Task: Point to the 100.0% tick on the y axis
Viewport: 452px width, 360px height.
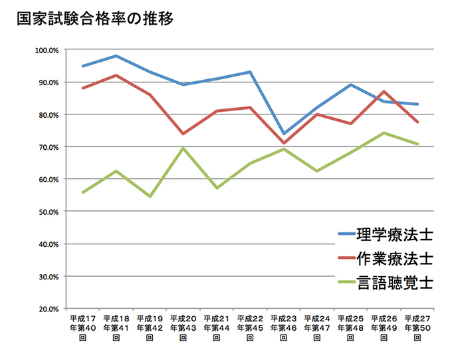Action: pyautogui.click(x=48, y=50)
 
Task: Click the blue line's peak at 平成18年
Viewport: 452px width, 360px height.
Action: pyautogui.click(x=116, y=56)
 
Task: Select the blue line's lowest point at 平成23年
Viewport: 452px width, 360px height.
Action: pyautogui.click(x=284, y=134)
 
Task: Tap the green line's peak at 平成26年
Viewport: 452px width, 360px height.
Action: pyautogui.click(x=384, y=132)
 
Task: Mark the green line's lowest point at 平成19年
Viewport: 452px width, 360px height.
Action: pyautogui.click(x=150, y=196)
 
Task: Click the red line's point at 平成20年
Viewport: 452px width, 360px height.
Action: pyautogui.click(x=183, y=134)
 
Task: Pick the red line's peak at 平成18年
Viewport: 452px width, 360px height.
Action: pyautogui.click(x=116, y=75)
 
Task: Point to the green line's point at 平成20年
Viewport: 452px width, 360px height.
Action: pyautogui.click(x=183, y=148)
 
